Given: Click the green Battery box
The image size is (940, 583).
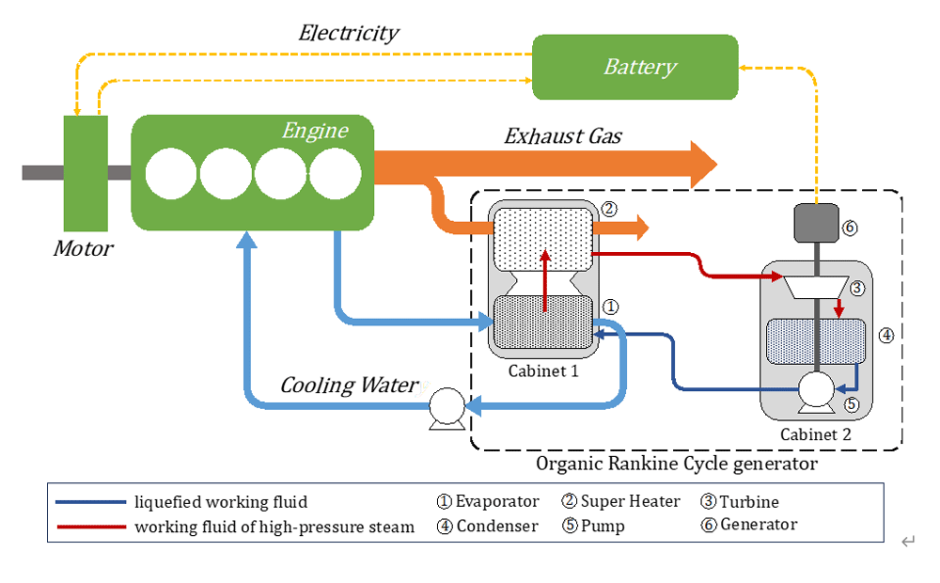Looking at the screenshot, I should (x=635, y=67).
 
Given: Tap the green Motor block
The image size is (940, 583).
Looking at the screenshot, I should (x=86, y=173).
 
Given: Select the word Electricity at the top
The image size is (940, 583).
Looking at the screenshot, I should (x=349, y=34).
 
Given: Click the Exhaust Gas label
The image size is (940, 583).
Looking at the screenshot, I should (x=563, y=136).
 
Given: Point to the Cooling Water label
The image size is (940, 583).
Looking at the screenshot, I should (x=349, y=386).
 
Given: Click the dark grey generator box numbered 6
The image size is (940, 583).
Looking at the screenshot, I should (x=815, y=224).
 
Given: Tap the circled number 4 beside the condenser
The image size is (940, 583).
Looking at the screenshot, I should (x=886, y=335).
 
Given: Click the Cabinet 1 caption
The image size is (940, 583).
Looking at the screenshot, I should (x=543, y=370).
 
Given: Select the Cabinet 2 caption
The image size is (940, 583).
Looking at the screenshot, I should (x=815, y=434).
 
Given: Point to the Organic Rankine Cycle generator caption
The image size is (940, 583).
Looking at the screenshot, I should (x=677, y=464).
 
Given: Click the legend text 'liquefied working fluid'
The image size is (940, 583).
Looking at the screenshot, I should (x=221, y=502).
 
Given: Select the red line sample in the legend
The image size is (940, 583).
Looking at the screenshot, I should (x=90, y=527).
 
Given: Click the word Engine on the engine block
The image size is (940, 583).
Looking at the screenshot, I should (x=315, y=131).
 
